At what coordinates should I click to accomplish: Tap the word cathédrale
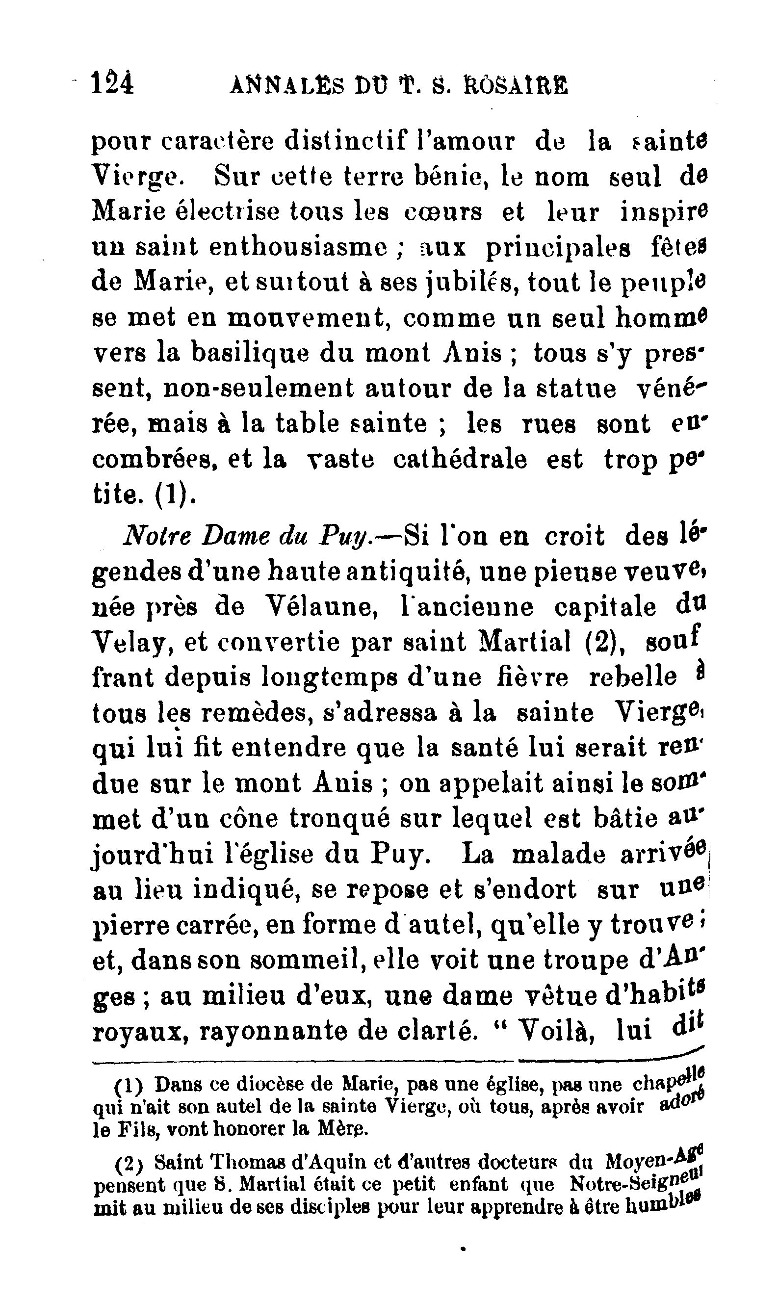[x=460, y=460]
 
